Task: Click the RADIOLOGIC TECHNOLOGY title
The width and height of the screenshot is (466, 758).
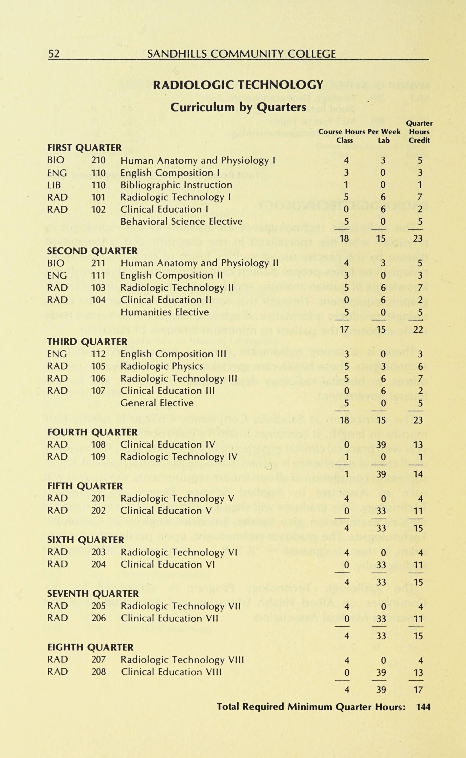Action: coord(238,85)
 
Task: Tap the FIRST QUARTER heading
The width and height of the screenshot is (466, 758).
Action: coord(84,148)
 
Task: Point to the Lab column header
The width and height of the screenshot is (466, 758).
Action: coord(384,140)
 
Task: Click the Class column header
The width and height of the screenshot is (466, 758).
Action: coord(345,140)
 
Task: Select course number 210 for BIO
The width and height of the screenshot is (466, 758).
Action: coord(98,160)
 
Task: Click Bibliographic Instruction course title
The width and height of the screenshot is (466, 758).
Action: coord(176,185)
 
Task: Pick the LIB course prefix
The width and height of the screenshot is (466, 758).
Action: coord(54,185)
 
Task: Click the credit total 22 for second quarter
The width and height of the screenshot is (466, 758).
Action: coord(418,329)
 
